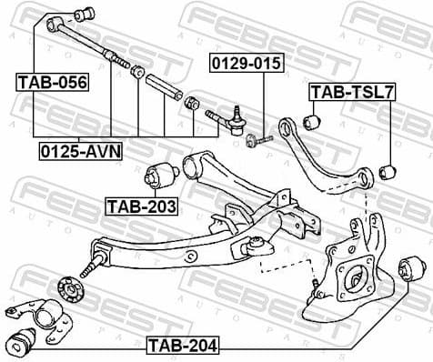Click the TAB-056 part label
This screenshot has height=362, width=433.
tap(52, 83)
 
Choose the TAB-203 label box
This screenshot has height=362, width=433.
tap(141, 206)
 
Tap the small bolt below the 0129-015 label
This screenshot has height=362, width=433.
tap(260, 139)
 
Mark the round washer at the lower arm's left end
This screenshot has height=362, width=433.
tap(66, 285)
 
